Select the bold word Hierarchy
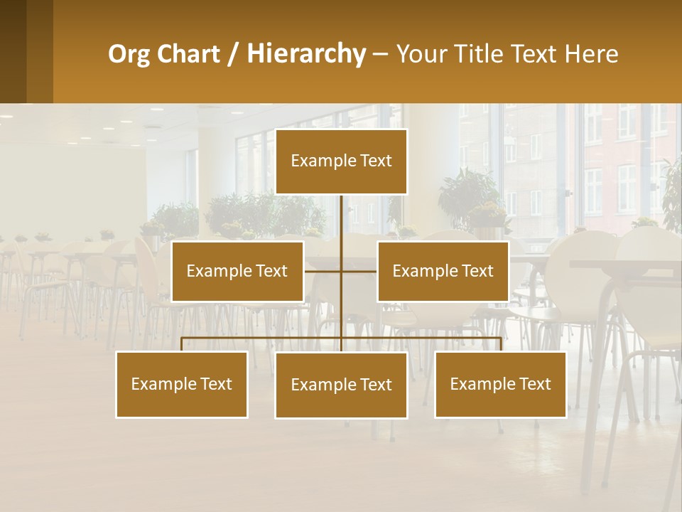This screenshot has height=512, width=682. (306, 54)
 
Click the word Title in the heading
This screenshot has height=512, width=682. (482, 54)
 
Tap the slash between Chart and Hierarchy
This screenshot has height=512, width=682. (233, 55)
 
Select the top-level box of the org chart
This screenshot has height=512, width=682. (341, 161)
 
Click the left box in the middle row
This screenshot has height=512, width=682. (237, 271)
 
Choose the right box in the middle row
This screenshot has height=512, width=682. (443, 271)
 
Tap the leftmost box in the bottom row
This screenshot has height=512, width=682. (181, 384)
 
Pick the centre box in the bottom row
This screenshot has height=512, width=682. (341, 385)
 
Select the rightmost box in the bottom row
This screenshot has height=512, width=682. (500, 384)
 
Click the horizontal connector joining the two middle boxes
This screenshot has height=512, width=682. (323, 271)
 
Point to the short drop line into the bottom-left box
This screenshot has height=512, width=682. (182, 344)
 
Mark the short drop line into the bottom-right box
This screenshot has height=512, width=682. (501, 344)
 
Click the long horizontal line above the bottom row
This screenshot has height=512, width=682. (263, 338)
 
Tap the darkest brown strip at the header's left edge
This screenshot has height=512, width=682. (13, 51)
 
